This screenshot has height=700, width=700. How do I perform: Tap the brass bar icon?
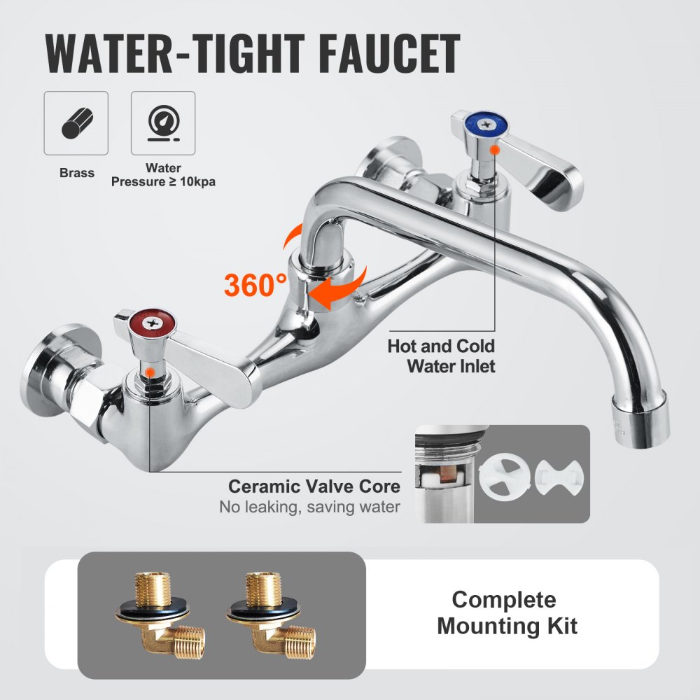click(76, 123)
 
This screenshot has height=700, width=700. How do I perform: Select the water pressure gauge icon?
click(163, 123)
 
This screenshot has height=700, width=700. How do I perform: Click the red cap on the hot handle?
click(144, 323)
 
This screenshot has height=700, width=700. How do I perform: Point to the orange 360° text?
click(255, 285)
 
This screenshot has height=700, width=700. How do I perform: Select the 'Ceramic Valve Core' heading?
click(314, 486)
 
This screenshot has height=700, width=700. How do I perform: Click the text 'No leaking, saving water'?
click(310, 507)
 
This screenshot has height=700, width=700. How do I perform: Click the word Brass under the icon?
click(76, 172)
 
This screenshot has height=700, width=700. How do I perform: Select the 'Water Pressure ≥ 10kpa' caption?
click(163, 175)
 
